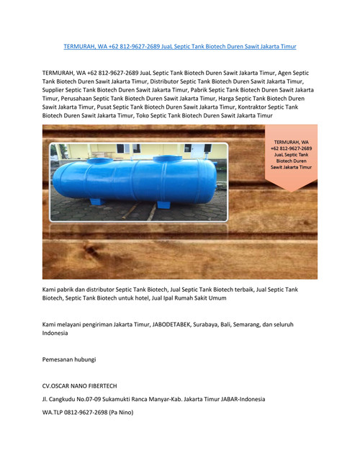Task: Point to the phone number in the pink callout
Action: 292,148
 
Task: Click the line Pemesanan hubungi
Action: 69,359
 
